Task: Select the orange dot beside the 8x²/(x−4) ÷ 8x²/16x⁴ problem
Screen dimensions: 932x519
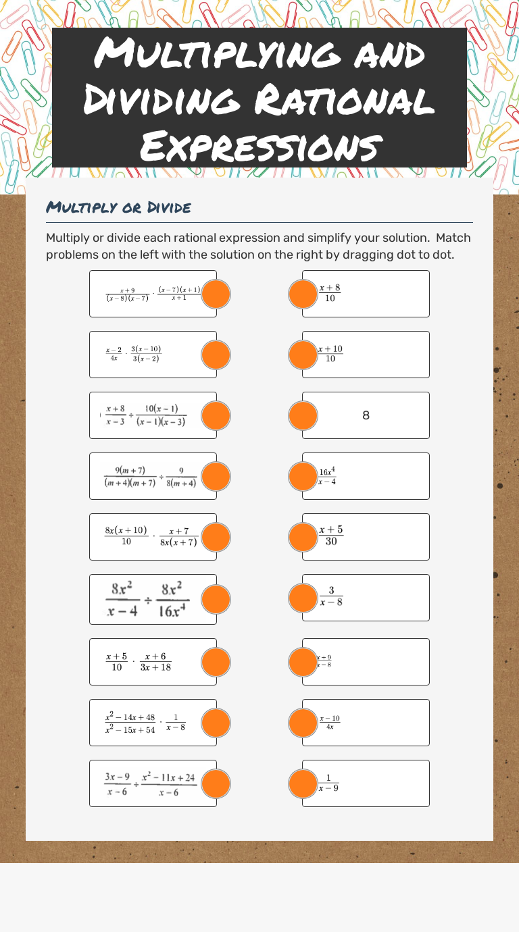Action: [x=216, y=598]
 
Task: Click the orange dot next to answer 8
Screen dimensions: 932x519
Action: [x=303, y=415]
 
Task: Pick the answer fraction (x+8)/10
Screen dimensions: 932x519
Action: [x=330, y=293]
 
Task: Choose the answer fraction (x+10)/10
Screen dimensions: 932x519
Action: [x=330, y=354]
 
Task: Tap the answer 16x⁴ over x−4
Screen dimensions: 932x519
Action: [x=328, y=476]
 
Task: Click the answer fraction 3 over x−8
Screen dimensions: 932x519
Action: [x=331, y=596]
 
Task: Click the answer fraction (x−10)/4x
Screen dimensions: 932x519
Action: [x=330, y=722]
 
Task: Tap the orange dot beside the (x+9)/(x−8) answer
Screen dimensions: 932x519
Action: [x=303, y=662]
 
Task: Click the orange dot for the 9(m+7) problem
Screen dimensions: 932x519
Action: [x=216, y=476]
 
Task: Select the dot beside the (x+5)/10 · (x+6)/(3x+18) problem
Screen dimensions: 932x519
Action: [x=216, y=662]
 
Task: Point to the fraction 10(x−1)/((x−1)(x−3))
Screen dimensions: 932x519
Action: [x=161, y=415]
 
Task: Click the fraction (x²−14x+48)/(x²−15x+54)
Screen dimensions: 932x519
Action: [x=130, y=723]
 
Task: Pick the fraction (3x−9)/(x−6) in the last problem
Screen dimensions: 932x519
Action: [x=117, y=784]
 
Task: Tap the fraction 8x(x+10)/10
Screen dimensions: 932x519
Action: [x=126, y=536]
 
